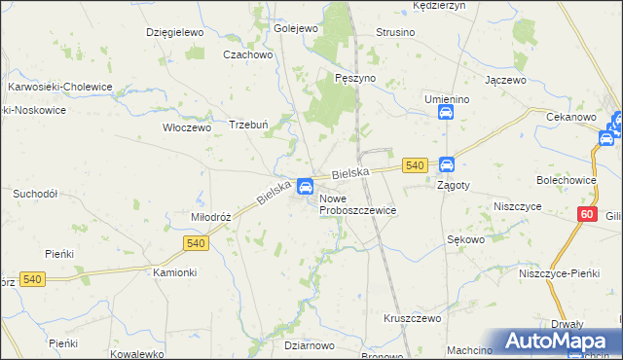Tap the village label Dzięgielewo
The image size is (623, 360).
pyautogui.click(x=172, y=32)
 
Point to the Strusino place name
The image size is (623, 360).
pyautogui.click(x=395, y=32)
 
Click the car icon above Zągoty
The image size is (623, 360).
pyautogui.click(x=447, y=165)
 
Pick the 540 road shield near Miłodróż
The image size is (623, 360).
pyautogui.click(x=195, y=241)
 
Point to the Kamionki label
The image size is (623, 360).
pyautogui.click(x=175, y=272)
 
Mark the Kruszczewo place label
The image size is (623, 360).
pyautogui.click(x=413, y=318)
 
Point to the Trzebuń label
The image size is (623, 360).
pyautogui.click(x=248, y=125)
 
